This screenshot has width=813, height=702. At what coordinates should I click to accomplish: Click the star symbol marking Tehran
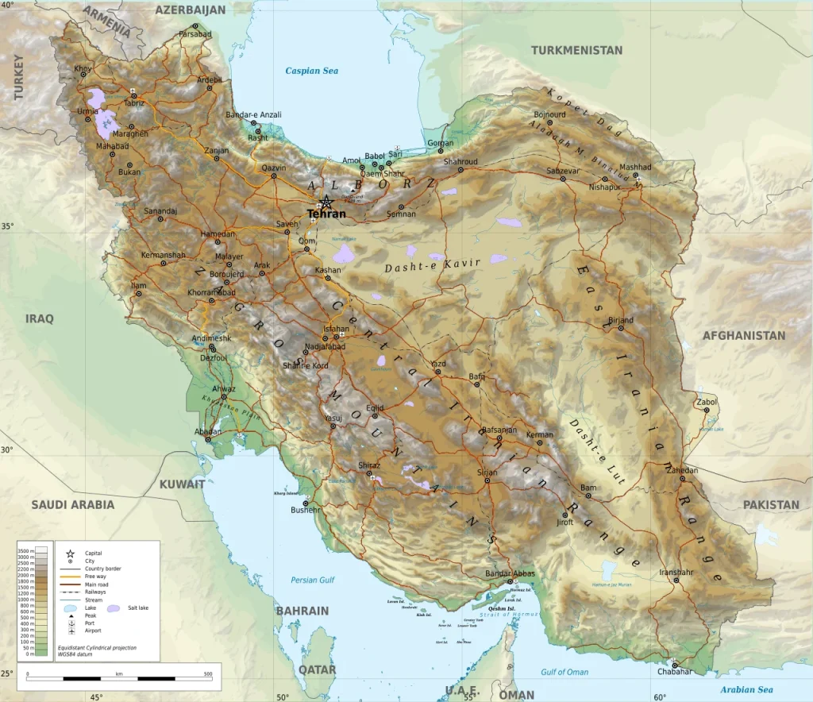tap(326, 202)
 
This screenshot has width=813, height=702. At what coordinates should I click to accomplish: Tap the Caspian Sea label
tap(312, 71)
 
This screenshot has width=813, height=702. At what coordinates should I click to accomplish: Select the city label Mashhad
tap(635, 168)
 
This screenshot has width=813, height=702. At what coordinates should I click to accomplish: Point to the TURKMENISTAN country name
tap(576, 50)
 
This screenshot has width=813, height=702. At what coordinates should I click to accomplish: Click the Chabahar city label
tap(675, 672)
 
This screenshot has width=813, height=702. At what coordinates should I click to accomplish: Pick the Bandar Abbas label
tap(511, 573)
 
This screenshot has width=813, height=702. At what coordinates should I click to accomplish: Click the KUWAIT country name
tap(182, 484)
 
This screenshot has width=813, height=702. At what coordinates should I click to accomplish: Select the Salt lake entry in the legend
tap(138, 607)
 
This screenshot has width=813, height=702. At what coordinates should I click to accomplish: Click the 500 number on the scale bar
tap(208, 673)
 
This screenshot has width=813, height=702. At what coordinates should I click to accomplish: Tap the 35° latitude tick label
tap(7, 226)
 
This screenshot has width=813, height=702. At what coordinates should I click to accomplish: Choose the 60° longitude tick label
tap(659, 697)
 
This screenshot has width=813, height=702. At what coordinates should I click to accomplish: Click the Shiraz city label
tap(369, 465)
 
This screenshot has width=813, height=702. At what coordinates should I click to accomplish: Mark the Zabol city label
tap(706, 402)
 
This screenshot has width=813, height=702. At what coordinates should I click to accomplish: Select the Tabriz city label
tap(134, 103)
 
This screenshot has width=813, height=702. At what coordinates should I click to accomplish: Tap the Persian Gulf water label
tap(313, 580)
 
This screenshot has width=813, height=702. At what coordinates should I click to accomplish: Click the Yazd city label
tap(438, 364)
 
